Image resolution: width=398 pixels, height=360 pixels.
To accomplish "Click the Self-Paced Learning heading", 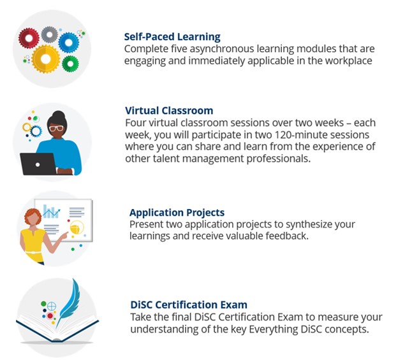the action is pyautogui.click(x=172, y=37).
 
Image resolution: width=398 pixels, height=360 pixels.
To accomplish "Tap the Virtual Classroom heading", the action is pyautogui.click(x=169, y=110).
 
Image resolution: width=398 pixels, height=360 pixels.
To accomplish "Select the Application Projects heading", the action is pyautogui.click(x=177, y=213).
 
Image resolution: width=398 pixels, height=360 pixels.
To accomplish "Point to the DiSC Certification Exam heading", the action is pyautogui.click(x=189, y=305).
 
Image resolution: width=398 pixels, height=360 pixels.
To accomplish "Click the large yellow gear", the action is pyautogui.click(x=46, y=59).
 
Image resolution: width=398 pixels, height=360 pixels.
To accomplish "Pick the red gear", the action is pyautogui.click(x=29, y=38).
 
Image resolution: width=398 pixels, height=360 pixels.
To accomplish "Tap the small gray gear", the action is pyautogui.click(x=49, y=34).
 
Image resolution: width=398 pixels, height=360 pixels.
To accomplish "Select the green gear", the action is pyautogui.click(x=70, y=64).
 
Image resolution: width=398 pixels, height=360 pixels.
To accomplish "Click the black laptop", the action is pyautogui.click(x=38, y=164).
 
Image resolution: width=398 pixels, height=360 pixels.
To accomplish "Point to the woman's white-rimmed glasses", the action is pyautogui.click(x=56, y=128).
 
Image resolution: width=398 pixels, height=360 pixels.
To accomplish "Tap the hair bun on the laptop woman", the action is pyautogui.click(x=59, y=115).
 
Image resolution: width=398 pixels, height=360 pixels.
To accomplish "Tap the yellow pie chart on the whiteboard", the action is pyautogui.click(x=77, y=227).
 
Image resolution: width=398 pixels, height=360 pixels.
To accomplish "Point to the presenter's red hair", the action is pyautogui.click(x=33, y=216).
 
